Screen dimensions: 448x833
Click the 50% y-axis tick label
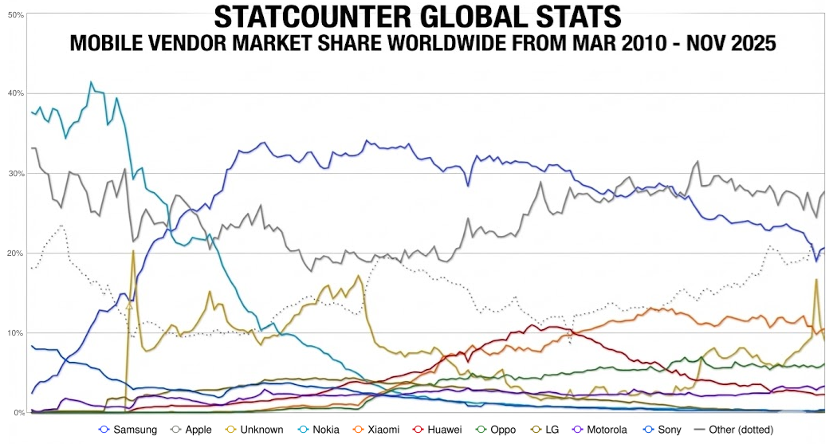point(15,14)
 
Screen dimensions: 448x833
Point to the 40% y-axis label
point(15,94)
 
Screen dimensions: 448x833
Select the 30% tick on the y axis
point(15,174)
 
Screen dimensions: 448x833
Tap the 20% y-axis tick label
point(15,253)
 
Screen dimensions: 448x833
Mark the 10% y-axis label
point(15,333)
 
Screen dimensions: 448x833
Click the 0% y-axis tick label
point(18,413)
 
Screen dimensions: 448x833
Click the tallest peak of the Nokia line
point(91,82)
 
